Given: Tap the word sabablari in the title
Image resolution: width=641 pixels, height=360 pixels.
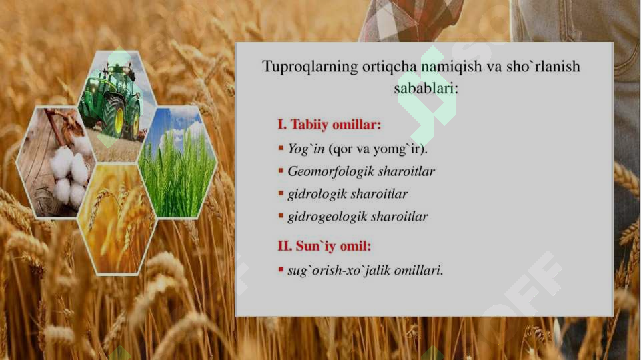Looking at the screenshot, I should point(424,88).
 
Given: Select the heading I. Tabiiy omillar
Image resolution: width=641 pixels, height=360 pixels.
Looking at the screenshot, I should point(330,125).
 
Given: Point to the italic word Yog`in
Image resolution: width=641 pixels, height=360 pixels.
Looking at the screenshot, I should point(306,149).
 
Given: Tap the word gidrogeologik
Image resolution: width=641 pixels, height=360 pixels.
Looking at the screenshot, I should point(327,217).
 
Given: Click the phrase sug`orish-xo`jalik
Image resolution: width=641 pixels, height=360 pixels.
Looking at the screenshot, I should point(340,270).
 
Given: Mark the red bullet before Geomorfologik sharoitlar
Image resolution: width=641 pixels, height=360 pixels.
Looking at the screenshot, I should point(281,172).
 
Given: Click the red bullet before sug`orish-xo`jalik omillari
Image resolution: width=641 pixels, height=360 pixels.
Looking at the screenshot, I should point(281,271).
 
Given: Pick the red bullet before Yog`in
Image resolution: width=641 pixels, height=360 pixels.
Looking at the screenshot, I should point(281,149).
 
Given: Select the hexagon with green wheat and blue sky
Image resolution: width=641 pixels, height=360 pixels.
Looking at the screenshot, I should point(177,163).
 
